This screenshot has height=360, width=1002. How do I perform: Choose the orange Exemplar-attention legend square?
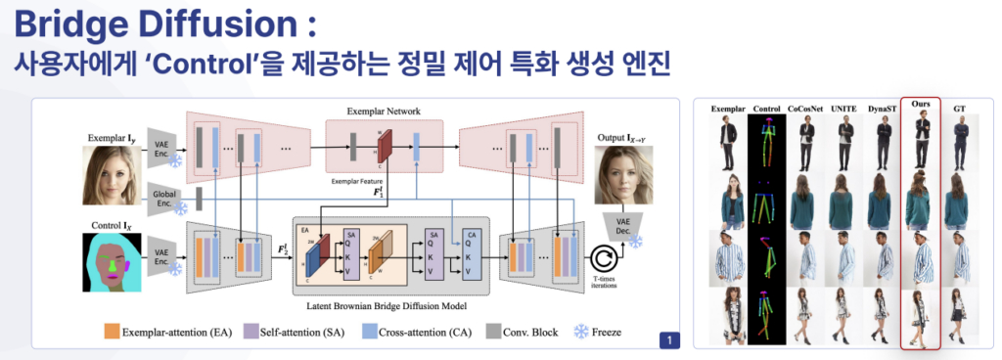[112, 333]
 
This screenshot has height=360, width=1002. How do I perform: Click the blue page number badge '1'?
[668, 340]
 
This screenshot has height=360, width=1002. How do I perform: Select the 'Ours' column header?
[919, 105]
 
